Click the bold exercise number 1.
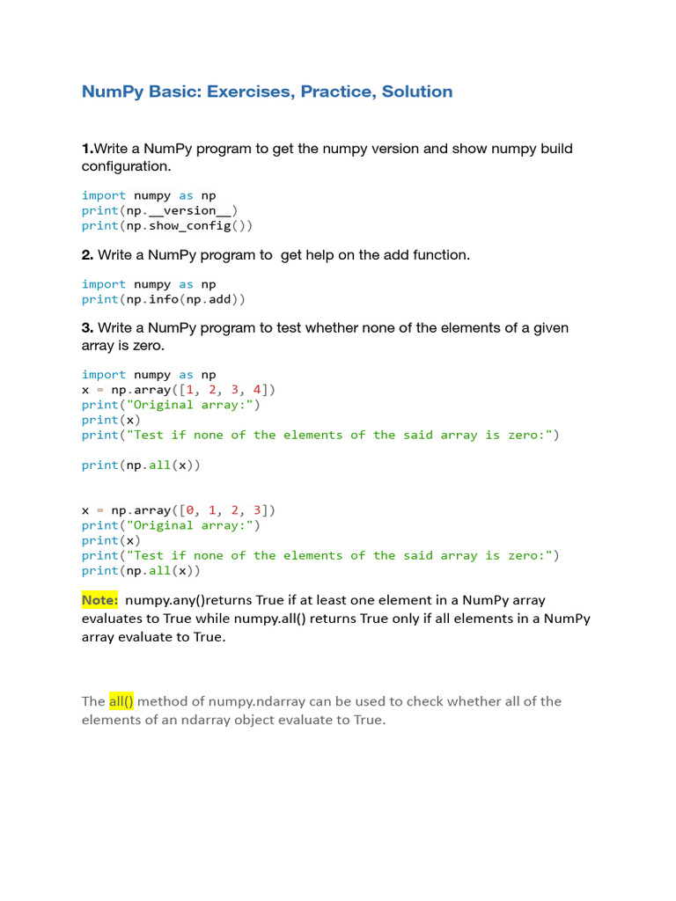click(x=86, y=149)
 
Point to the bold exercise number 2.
click(x=87, y=255)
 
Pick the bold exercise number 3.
click(x=87, y=328)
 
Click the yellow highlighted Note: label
click(x=99, y=600)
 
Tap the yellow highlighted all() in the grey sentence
click(x=121, y=701)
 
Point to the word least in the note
click(x=342, y=600)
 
